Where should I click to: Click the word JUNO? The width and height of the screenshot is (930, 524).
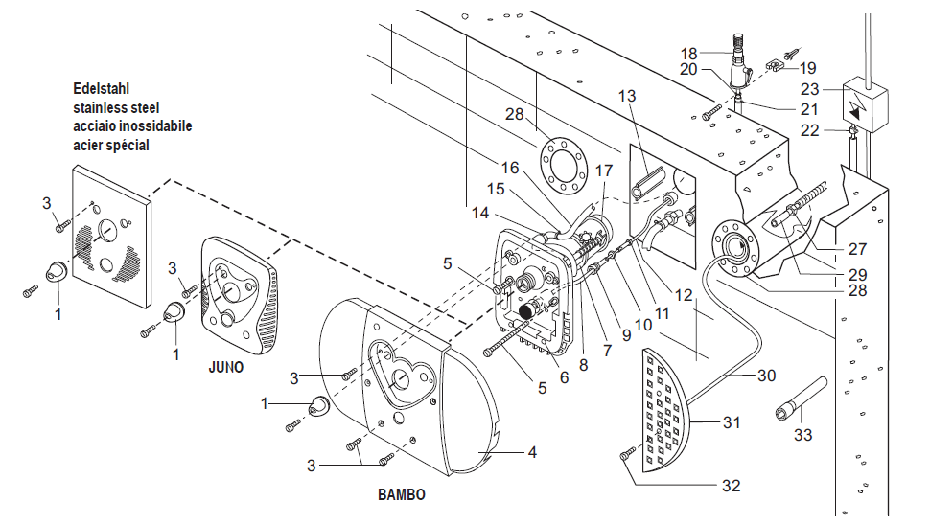click(x=225, y=368)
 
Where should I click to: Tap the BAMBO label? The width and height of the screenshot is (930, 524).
click(x=402, y=494)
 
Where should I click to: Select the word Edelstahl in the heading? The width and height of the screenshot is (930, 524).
click(x=101, y=89)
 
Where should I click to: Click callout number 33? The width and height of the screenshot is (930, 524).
click(x=802, y=435)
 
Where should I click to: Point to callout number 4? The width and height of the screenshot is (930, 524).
click(x=532, y=452)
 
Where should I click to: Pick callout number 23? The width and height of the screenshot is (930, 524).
click(x=809, y=89)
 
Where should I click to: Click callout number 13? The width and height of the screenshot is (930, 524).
click(x=626, y=96)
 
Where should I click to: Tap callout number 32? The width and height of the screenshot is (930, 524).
click(x=731, y=486)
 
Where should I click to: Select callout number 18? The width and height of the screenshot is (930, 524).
click(x=688, y=54)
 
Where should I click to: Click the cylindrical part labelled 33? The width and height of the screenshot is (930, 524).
click(x=802, y=399)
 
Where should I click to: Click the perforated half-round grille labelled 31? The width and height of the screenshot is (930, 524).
click(x=665, y=410)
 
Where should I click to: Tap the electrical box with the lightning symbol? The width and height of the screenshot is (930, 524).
click(x=865, y=103)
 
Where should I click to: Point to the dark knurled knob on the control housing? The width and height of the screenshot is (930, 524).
click(x=527, y=311)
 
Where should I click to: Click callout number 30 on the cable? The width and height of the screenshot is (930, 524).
click(x=766, y=376)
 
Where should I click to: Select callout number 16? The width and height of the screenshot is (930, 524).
click(x=510, y=169)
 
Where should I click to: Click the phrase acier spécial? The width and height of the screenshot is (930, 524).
click(x=111, y=146)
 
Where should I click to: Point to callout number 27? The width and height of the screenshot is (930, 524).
click(x=857, y=249)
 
